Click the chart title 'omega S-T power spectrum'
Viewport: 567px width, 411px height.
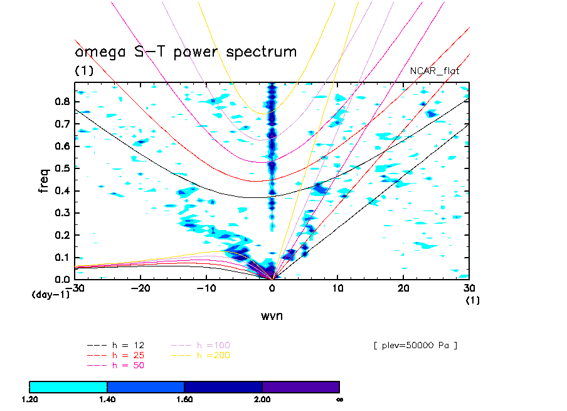(x=186, y=52)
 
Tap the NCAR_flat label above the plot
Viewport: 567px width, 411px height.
(x=434, y=71)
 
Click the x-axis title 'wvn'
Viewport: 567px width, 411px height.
(x=272, y=316)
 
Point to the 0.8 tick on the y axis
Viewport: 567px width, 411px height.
(x=61, y=102)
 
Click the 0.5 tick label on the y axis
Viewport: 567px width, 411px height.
(x=61, y=168)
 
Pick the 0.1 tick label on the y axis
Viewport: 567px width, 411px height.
(x=61, y=258)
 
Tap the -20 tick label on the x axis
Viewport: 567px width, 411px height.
(x=140, y=288)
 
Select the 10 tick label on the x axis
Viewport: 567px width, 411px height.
(x=337, y=288)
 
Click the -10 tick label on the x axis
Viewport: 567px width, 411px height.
(x=206, y=288)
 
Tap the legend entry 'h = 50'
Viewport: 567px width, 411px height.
(x=125, y=365)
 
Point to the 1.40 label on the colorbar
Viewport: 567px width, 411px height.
(x=107, y=399)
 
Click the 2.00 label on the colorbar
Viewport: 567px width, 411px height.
(x=262, y=399)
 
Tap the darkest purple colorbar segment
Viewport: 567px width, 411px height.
(x=300, y=386)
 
